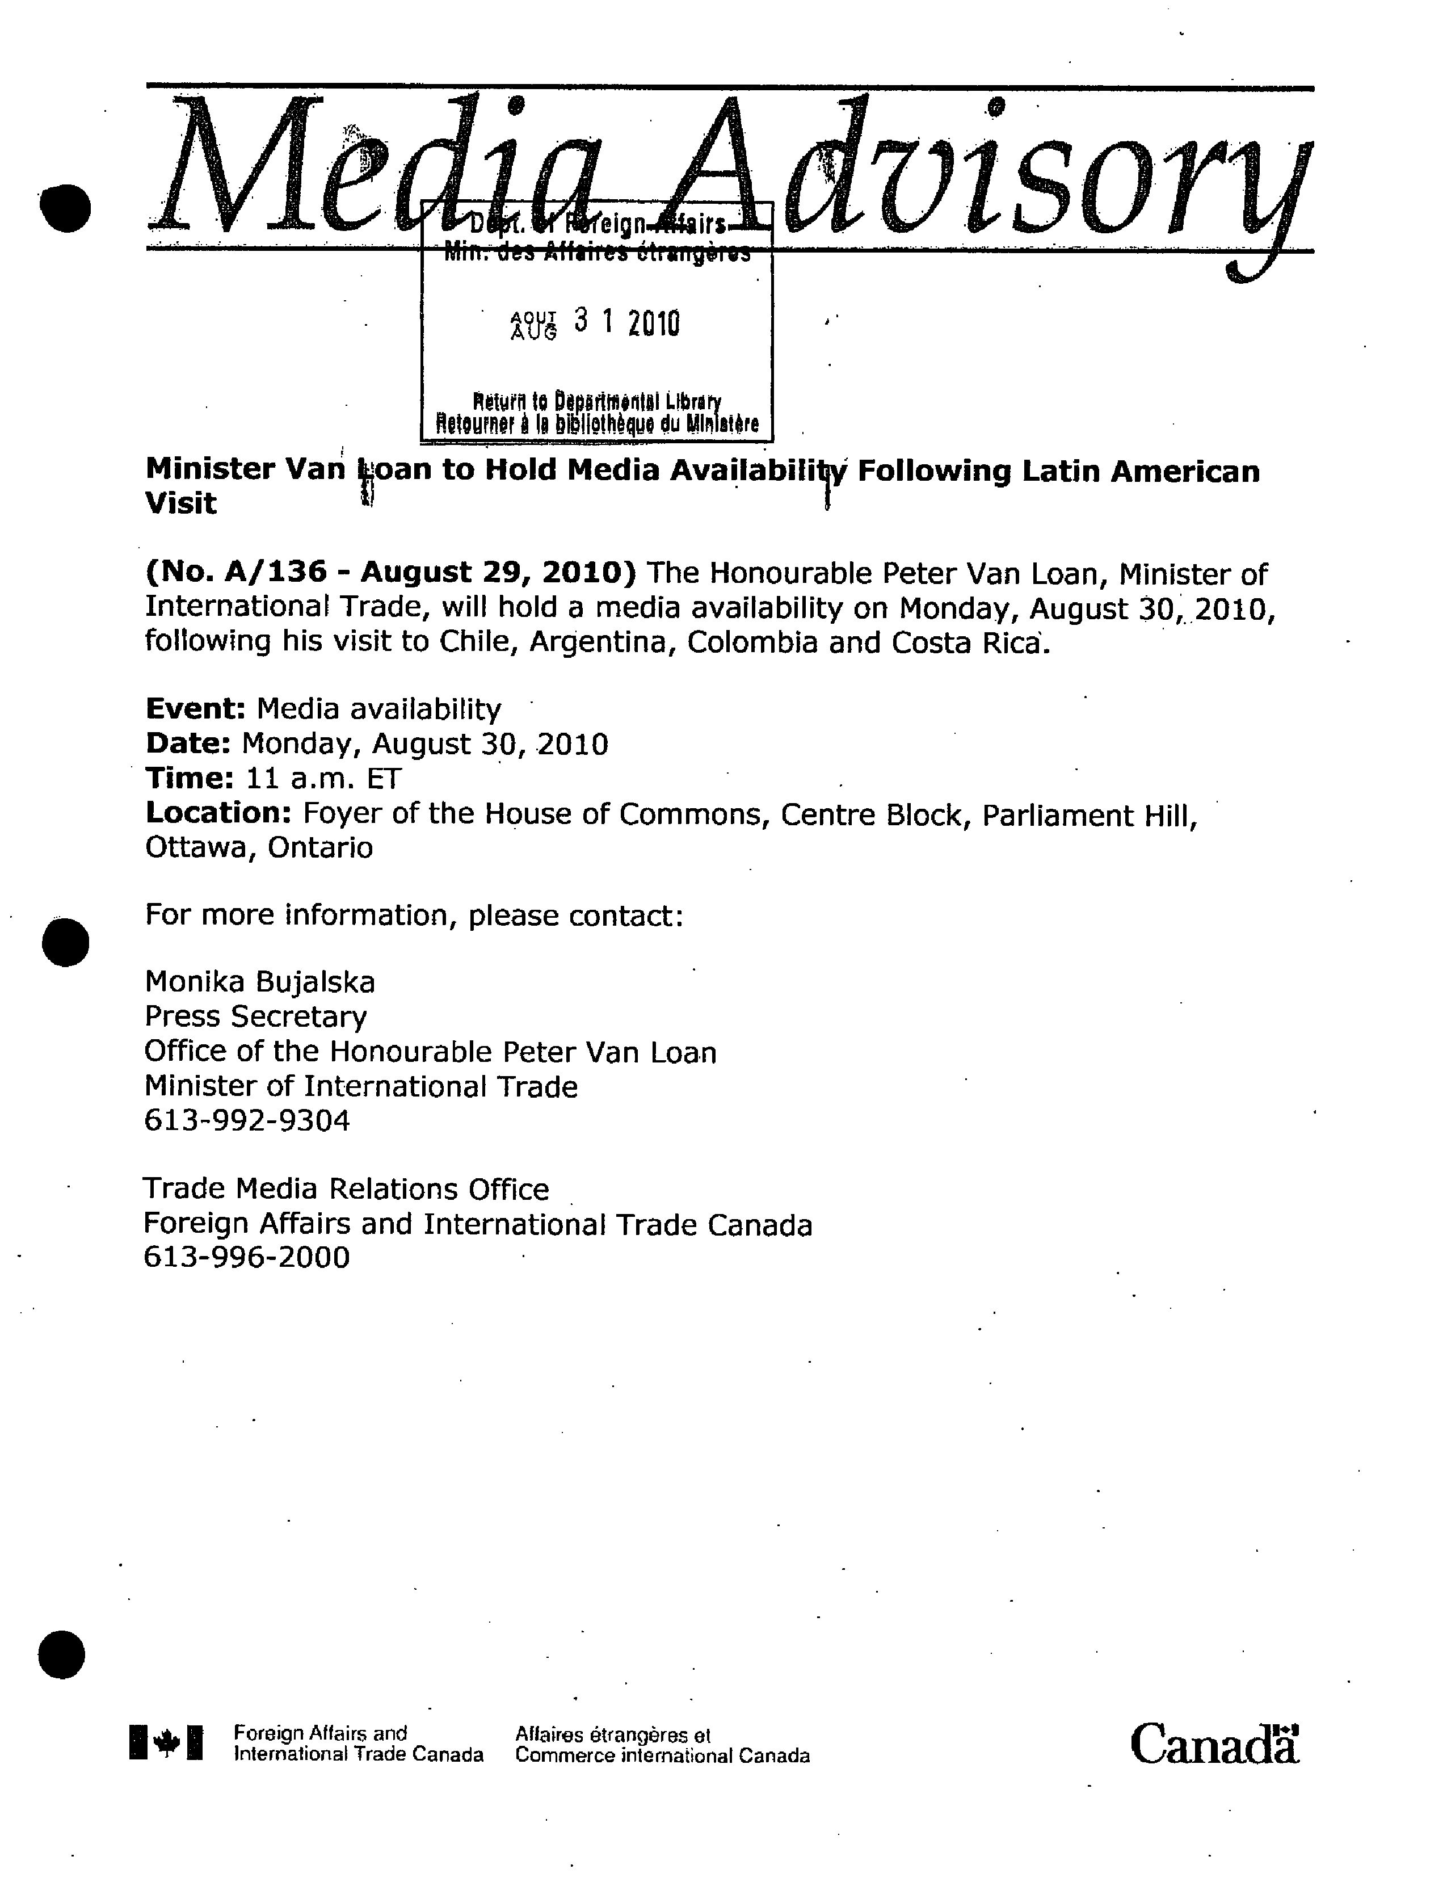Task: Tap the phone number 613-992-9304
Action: pos(247,1121)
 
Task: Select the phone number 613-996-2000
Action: pos(247,1258)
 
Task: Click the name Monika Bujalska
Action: pos(259,982)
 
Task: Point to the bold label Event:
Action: pos(196,709)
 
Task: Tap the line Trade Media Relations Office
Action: pos(346,1189)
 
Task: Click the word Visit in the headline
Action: pos(181,504)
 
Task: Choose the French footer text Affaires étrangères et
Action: pos(612,1734)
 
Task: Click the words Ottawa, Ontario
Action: pos(258,848)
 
